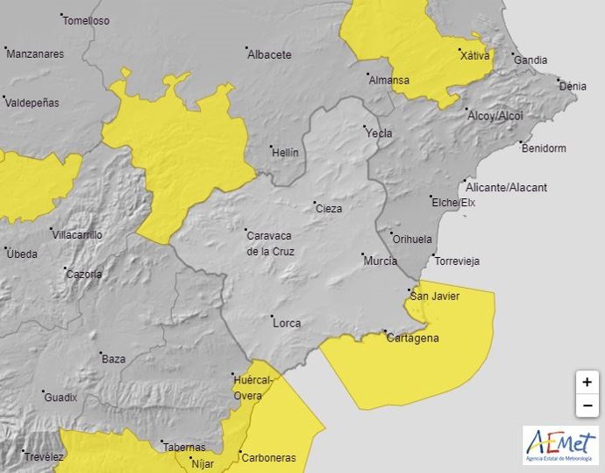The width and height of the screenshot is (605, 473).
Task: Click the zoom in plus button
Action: [x=587, y=383]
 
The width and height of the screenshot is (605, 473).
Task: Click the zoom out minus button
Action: [x=587, y=405]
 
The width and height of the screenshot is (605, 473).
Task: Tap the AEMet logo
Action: [x=560, y=445]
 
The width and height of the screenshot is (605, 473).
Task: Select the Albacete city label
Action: [x=269, y=54]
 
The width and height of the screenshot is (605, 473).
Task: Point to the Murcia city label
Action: [x=380, y=262]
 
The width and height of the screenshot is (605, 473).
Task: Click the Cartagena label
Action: [x=412, y=338]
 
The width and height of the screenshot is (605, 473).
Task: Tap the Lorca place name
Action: [x=287, y=323]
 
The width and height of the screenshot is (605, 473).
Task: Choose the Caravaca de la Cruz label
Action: [x=270, y=243]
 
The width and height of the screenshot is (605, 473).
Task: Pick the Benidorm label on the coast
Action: [x=543, y=148]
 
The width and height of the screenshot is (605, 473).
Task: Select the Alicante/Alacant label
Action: [x=518, y=188]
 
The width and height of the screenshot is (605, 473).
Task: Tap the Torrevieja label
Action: [x=457, y=262]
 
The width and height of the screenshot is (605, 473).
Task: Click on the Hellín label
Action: [x=284, y=153]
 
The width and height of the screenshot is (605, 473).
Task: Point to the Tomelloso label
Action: [x=87, y=21]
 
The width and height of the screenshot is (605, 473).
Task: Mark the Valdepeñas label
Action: [x=32, y=103]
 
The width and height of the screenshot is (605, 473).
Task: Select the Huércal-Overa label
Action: [x=253, y=387]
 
